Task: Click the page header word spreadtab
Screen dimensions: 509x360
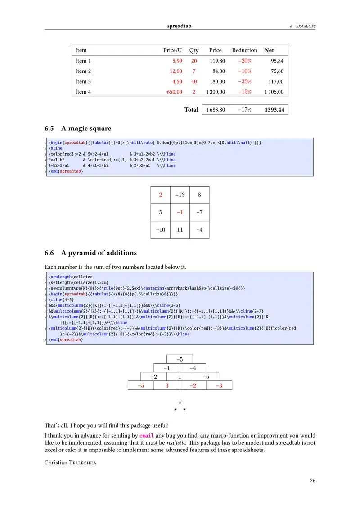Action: pyautogui.click(x=179, y=26)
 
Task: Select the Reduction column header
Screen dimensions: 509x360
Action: pyautogui.click(x=244, y=50)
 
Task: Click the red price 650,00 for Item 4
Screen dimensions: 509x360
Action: pyautogui.click(x=173, y=92)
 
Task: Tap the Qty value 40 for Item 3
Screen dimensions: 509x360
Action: pyautogui.click(x=194, y=82)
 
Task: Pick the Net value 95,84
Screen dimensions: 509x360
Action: pyautogui.click(x=277, y=61)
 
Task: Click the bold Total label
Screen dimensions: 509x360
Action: pyautogui.click(x=191, y=110)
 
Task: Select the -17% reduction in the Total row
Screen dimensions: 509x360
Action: pyautogui.click(x=244, y=110)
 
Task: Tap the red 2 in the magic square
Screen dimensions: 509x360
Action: pyautogui.click(x=161, y=195)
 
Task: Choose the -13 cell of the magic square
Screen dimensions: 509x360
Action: pyautogui.click(x=180, y=195)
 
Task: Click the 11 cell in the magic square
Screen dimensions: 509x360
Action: pyautogui.click(x=180, y=229)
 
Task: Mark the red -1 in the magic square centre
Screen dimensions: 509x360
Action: pyautogui.click(x=180, y=212)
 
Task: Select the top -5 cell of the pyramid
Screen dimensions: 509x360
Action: pyautogui.click(x=180, y=359)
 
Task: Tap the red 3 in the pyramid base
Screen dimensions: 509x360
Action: pyautogui.click(x=166, y=385)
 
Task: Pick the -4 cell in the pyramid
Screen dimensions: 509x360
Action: pyautogui.click(x=193, y=368)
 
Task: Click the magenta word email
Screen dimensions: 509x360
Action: pyautogui.click(x=147, y=436)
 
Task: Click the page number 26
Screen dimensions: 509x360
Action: pyautogui.click(x=312, y=481)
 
